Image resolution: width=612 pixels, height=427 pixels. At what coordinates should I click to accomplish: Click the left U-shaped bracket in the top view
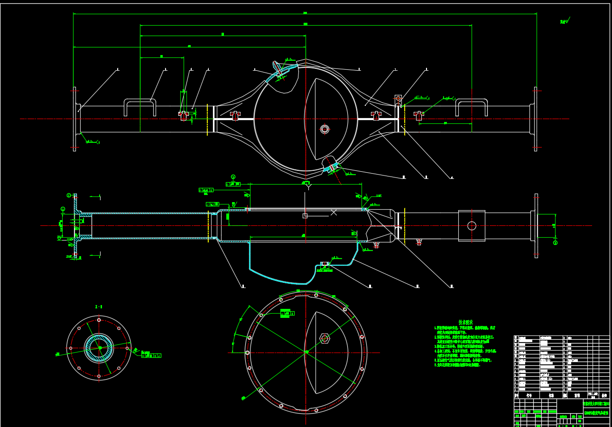(x=140, y=106)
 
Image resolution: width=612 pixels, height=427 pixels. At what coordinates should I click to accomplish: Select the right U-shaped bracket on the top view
(x=471, y=106)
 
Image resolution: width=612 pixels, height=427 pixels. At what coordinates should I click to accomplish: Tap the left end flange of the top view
(x=74, y=119)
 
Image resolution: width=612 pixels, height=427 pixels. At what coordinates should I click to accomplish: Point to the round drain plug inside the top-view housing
(x=325, y=129)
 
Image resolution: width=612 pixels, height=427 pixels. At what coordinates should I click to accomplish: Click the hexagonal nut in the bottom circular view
(x=325, y=338)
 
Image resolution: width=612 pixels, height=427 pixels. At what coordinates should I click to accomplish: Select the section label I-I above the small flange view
(x=99, y=307)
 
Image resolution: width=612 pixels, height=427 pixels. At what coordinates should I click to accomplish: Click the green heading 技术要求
(x=465, y=323)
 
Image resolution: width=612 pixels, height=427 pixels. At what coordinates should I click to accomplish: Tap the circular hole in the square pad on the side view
(x=472, y=226)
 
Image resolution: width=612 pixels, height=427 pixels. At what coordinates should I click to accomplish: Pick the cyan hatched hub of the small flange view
(x=99, y=348)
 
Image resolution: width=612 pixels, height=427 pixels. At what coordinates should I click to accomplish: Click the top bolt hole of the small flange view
(x=99, y=320)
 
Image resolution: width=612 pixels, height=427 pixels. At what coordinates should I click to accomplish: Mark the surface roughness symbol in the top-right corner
(x=564, y=21)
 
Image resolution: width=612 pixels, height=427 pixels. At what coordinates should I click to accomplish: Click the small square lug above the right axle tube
(x=398, y=99)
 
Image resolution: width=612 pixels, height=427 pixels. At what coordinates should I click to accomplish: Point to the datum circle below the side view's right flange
(x=555, y=243)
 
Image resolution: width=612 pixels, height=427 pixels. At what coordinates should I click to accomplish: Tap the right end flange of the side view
(x=536, y=225)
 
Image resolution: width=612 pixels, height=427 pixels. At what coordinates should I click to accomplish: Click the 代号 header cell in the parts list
(x=529, y=395)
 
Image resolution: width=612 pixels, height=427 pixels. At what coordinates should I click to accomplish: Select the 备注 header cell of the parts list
(x=604, y=395)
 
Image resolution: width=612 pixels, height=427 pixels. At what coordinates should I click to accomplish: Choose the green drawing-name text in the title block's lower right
(x=596, y=413)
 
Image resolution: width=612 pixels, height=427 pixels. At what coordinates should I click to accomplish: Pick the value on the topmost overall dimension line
(x=305, y=13)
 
